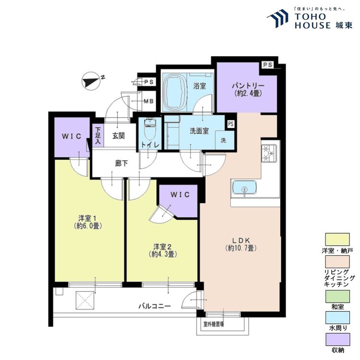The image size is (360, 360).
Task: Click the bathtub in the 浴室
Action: pos(175,92)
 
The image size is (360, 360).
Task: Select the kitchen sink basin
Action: pos(244,188)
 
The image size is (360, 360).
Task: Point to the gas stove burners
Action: pos(269,153)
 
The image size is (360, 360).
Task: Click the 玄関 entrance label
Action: pos(119,136)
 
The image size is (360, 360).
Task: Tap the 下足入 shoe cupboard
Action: pos(98,136)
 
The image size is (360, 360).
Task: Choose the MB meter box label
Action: pos(148,101)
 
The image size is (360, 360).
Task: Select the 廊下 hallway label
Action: pos(121,163)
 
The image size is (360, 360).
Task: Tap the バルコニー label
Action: pos(155,306)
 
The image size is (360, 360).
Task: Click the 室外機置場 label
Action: pos(214,324)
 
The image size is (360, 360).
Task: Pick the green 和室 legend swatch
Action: pos(337,296)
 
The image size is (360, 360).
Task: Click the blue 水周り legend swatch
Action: pos(337,318)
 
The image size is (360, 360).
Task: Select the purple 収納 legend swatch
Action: pos(337,339)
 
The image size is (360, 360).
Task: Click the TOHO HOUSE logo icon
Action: pos(277,18)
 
